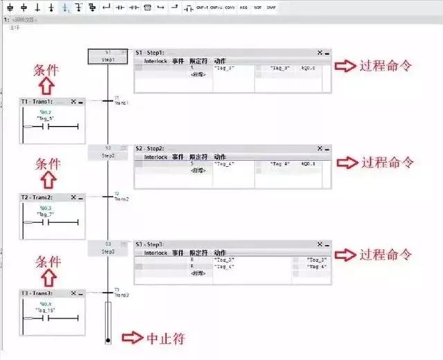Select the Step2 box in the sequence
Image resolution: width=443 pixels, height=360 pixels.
pos(108,152)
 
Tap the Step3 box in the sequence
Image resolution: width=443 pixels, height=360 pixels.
pos(108,248)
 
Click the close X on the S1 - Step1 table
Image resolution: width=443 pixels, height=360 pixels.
pos(320,53)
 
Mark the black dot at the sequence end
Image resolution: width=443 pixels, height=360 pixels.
pos(108,341)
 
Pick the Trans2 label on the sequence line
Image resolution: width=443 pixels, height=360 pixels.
pos(122,199)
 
